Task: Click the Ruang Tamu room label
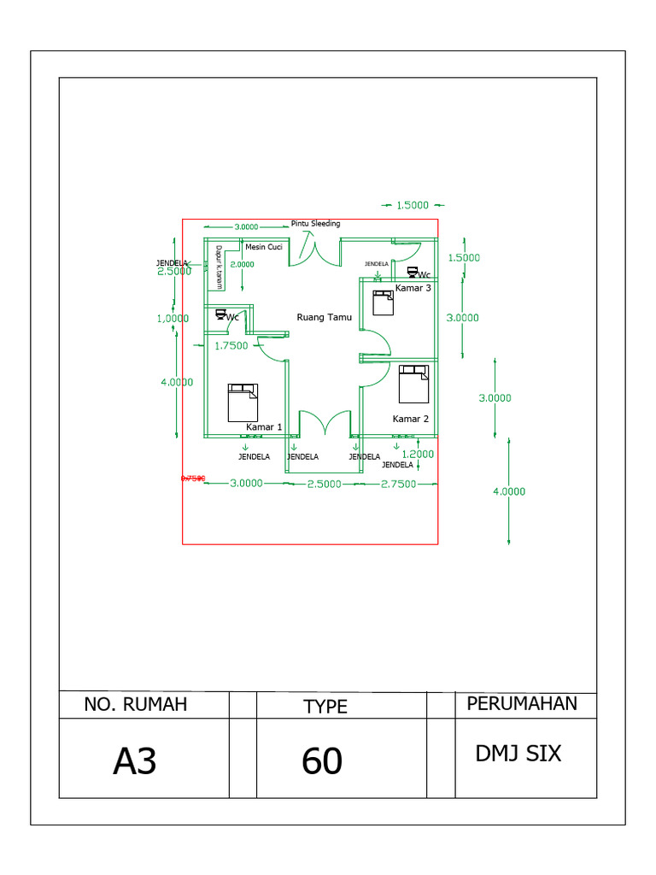324,317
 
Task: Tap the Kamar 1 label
264,426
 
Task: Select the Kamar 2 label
410,419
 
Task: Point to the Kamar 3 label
413,289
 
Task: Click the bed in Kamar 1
242,402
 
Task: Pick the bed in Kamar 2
413,384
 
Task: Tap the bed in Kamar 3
382,302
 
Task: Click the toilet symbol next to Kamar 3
412,273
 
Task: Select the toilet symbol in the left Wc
220,316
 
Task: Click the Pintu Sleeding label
315,224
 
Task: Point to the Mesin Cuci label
263,247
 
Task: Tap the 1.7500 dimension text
231,346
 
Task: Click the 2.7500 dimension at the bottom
398,484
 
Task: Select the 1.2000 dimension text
418,454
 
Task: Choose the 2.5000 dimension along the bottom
324,484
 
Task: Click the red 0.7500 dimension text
192,479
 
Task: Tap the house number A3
135,760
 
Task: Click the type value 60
322,760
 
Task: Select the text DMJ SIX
518,754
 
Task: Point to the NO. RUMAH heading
135,705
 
